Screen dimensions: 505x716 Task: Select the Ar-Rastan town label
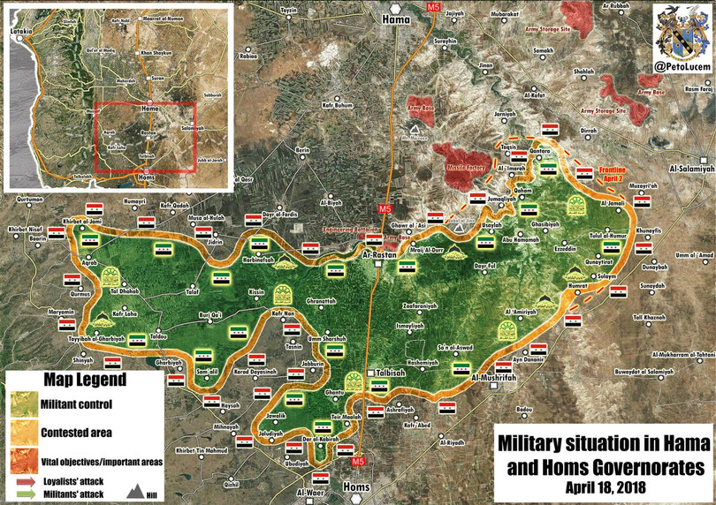[x=379, y=255]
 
